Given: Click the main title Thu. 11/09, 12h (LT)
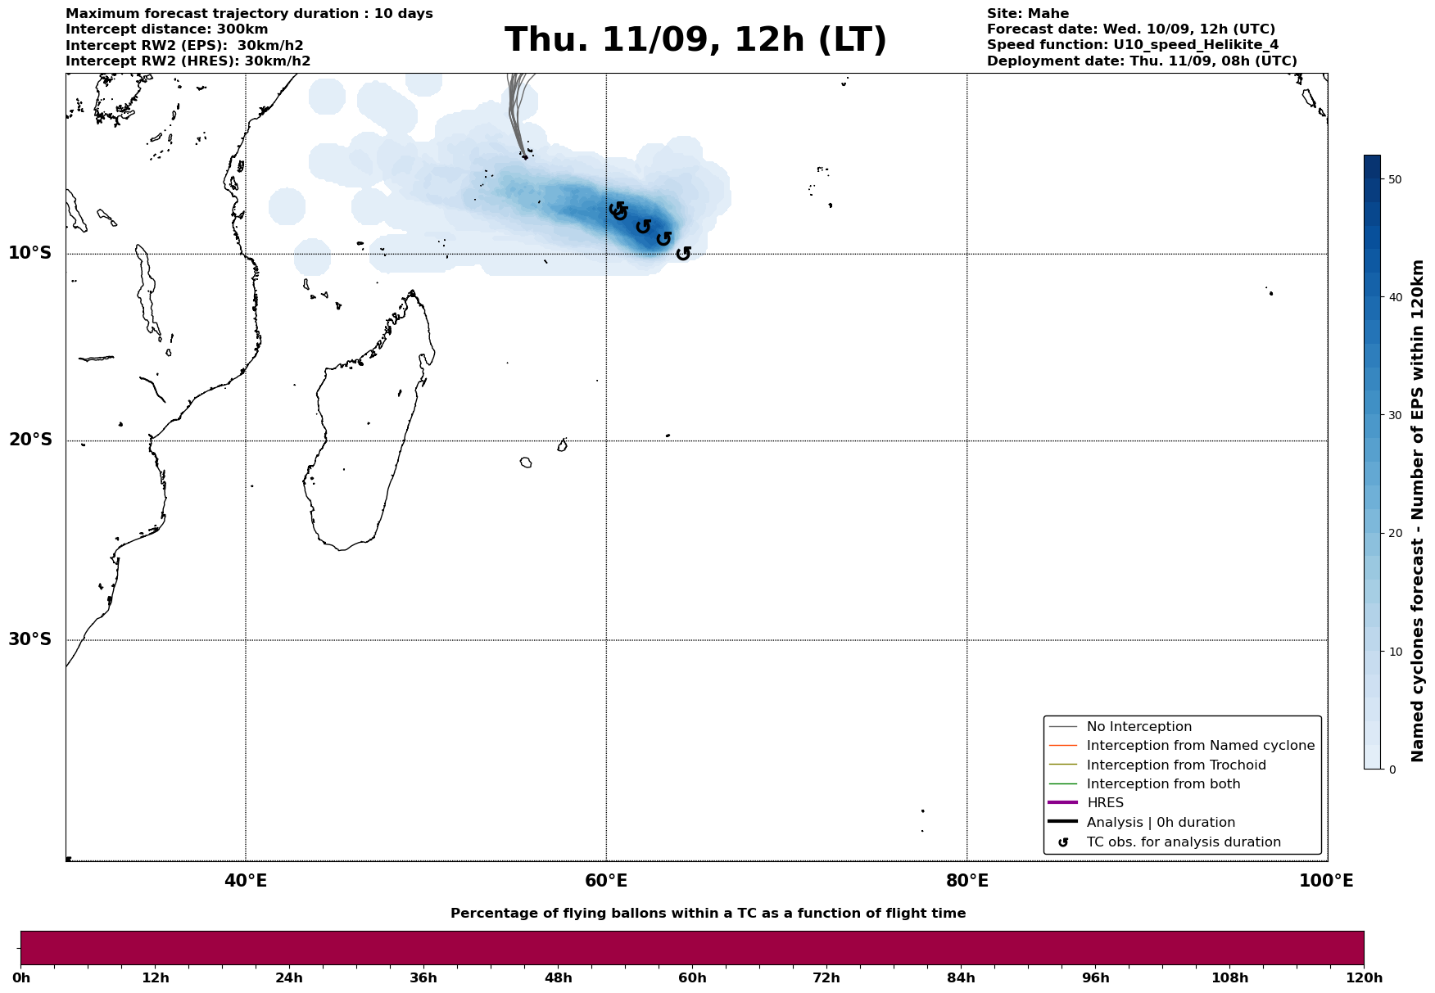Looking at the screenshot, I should tap(695, 40).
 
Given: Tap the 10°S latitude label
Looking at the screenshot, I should tap(30, 253).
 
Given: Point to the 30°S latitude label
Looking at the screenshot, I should tap(30, 639).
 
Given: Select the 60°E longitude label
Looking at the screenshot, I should tap(606, 882).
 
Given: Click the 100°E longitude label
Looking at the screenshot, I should tap(1326, 882).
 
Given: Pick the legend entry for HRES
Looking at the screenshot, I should tap(1105, 803).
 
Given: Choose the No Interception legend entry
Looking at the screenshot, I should tap(1138, 727).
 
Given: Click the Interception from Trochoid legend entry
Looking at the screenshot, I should tap(1175, 765).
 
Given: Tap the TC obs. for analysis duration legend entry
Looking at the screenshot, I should tap(1183, 842).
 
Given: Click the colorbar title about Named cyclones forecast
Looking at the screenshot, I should tap(1418, 511).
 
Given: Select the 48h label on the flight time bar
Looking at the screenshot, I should tap(558, 978).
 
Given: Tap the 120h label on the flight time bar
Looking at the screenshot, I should tap(1364, 978).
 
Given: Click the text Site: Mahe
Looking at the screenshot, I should tap(1027, 14).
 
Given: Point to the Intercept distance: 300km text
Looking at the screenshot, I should tap(166, 29).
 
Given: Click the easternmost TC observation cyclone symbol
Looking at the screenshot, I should tap(683, 254).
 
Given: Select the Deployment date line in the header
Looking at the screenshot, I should tap(1142, 61).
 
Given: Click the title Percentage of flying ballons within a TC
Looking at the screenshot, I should tap(708, 914).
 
